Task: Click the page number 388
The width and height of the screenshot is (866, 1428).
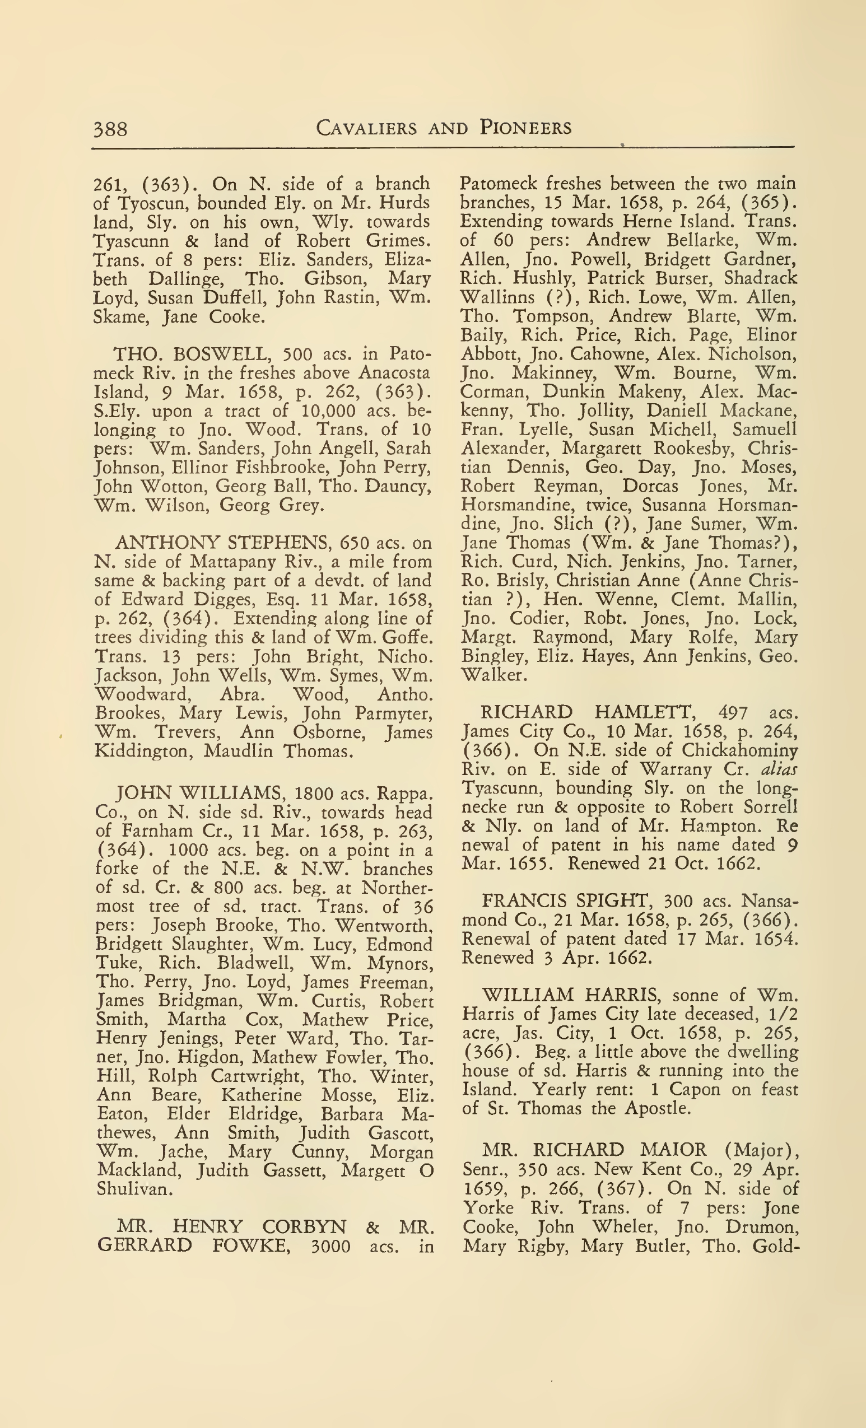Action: point(110,129)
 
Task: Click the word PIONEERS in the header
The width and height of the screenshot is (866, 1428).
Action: point(525,128)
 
